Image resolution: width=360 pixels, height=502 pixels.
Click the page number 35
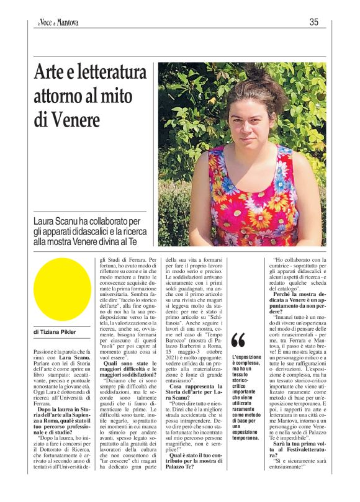click(314, 22)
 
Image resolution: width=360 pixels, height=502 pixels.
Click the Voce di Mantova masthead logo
click(57, 23)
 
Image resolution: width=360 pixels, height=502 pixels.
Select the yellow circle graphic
click(61, 289)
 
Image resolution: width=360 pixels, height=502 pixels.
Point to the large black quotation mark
click(238, 340)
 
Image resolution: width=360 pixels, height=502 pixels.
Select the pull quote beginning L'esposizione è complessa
click(246, 397)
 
